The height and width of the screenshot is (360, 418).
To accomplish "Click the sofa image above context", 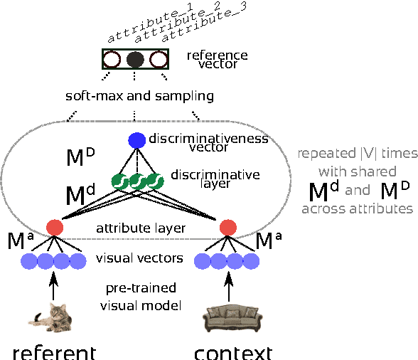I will [x=228, y=317].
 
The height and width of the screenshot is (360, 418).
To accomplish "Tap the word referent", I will [x=53, y=351].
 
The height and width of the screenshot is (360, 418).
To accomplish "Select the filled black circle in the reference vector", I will [x=135, y=59].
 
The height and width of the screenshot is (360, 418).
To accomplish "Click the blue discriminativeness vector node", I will [x=136, y=141].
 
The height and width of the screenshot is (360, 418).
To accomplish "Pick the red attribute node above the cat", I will [x=55, y=228].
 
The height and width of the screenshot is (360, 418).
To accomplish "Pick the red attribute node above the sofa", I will [x=228, y=228].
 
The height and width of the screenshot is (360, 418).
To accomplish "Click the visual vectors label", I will [x=140, y=258].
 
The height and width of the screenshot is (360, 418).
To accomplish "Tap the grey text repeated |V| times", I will [x=358, y=153].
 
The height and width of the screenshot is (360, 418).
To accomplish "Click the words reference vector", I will [x=216, y=60].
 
